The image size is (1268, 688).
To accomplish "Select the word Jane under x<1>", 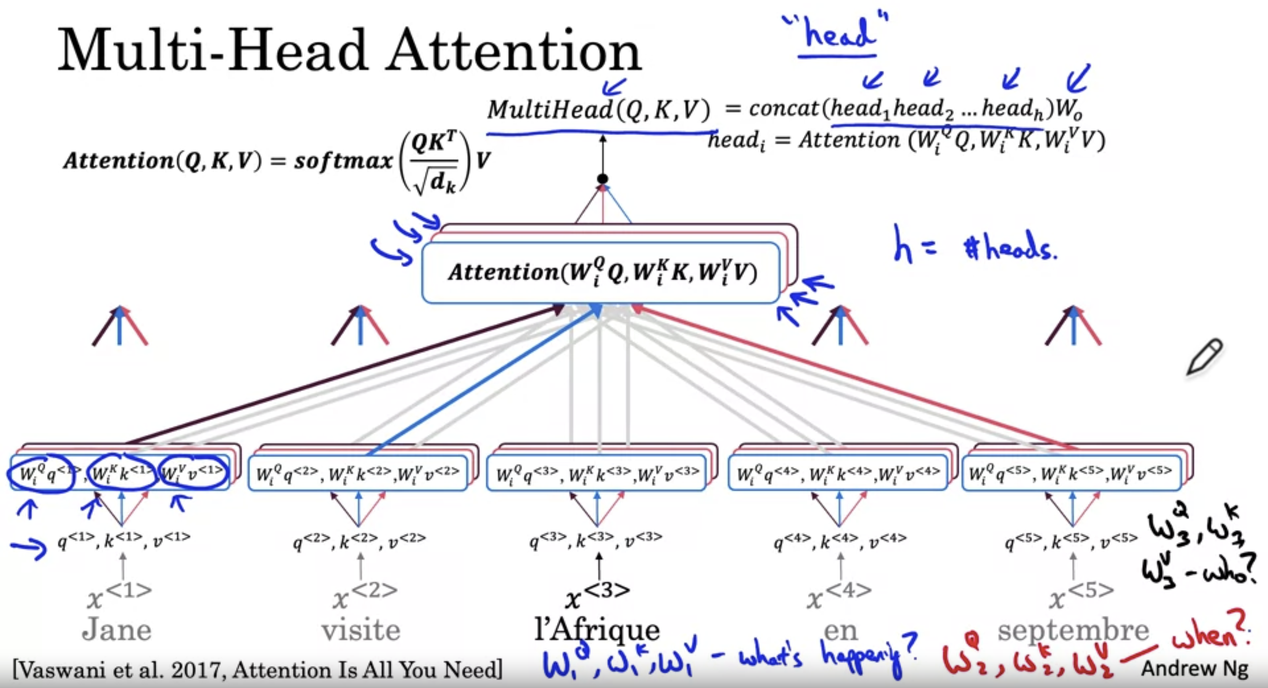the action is pyautogui.click(x=117, y=630).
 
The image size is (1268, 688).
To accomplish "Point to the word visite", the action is pyautogui.click(x=361, y=630).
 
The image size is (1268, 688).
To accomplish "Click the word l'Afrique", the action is pyautogui.click(x=597, y=630).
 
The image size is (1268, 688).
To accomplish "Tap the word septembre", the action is pyautogui.click(x=1073, y=630).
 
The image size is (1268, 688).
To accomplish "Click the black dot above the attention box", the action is pyautogui.click(x=602, y=179).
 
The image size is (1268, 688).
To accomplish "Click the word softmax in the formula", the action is pyautogui.click(x=343, y=161).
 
